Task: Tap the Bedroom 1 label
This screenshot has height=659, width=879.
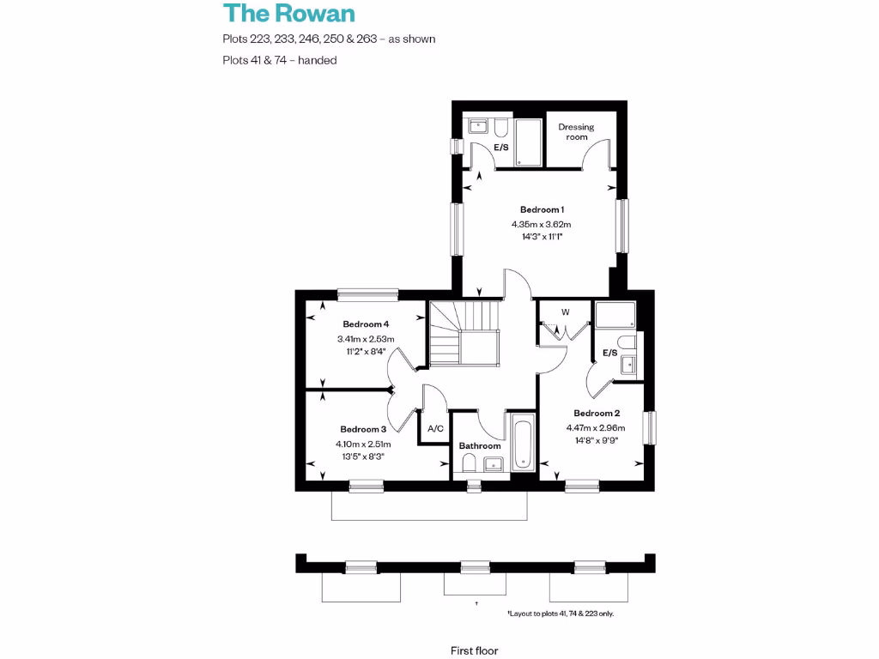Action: tap(542, 209)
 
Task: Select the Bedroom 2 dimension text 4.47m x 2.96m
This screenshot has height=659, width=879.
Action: tap(595, 428)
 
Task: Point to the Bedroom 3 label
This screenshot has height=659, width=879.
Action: tap(363, 429)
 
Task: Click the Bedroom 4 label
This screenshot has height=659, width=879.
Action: tap(367, 324)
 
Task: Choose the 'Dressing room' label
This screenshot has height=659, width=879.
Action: tap(576, 132)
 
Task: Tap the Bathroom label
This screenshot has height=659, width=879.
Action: tap(479, 446)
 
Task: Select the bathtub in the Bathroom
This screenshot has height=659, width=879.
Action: tap(523, 443)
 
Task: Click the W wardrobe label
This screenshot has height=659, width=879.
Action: tap(566, 311)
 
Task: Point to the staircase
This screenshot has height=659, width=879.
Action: tap(464, 334)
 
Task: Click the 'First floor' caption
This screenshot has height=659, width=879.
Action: tap(474, 650)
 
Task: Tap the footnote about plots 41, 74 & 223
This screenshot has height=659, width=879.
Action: tap(561, 614)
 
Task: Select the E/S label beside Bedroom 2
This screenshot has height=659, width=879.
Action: tap(610, 353)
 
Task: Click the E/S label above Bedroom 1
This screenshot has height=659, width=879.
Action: tap(500, 148)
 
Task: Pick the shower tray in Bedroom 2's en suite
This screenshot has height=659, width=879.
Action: tap(615, 316)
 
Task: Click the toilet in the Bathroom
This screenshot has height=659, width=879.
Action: tap(469, 464)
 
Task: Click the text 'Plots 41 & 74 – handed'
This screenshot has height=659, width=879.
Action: tap(279, 60)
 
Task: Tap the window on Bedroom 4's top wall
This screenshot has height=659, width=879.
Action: tap(367, 295)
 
